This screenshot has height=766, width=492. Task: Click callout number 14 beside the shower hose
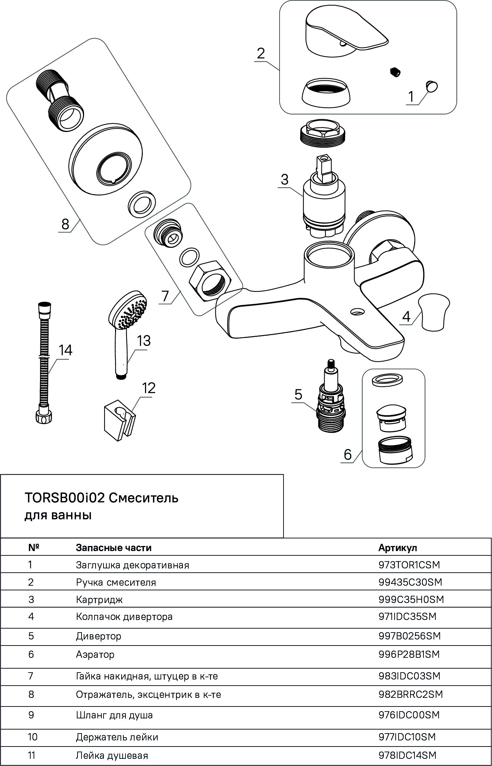66,350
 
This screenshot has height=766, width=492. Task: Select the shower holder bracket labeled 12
119,422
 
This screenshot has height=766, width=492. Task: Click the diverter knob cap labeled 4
434,312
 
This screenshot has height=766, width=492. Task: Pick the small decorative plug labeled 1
431,87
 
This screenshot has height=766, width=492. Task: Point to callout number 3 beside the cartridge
285,179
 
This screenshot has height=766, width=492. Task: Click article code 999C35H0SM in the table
411,599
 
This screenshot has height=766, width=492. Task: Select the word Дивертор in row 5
98,636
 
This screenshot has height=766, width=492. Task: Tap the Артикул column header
397,548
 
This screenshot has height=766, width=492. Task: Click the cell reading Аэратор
95,654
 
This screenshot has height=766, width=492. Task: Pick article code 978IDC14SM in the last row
407,755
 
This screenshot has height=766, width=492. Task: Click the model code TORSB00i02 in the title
65,498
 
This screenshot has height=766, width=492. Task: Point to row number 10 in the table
32,737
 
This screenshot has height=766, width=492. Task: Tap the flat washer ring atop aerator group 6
387,379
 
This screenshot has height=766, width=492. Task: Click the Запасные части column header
113,548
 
